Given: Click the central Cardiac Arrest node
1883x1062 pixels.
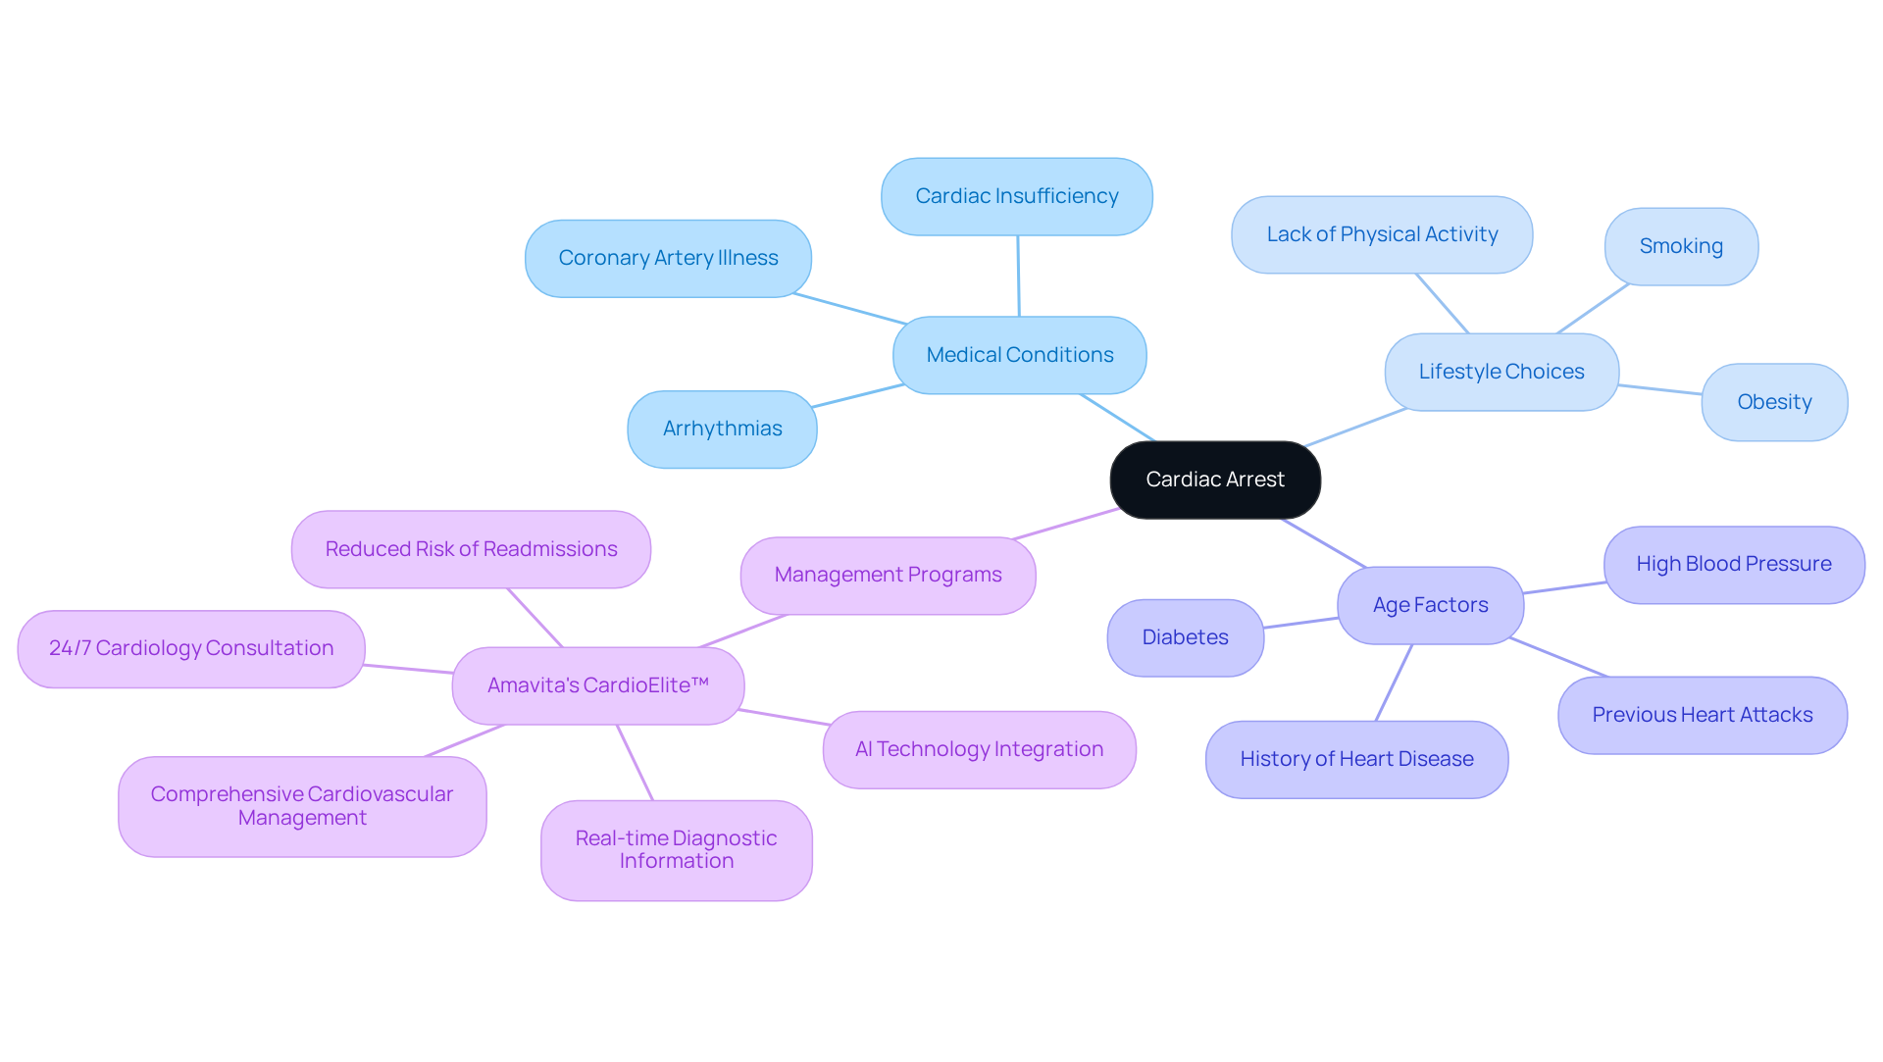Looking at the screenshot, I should click(1215, 480).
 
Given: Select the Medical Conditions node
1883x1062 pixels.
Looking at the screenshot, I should click(1020, 355).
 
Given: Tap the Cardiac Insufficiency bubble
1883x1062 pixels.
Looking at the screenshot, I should click(1017, 196).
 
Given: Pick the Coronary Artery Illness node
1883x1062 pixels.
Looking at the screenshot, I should click(668, 258).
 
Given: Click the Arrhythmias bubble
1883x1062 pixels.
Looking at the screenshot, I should click(722, 429).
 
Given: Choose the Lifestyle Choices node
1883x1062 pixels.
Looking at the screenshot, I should click(1501, 372).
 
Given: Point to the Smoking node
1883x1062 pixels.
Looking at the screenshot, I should click(1681, 246).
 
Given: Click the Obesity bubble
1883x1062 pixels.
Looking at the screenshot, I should click(1774, 402).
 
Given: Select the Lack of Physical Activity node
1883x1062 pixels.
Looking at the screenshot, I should click(1382, 234).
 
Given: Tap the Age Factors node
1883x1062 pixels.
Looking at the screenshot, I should click(1430, 605).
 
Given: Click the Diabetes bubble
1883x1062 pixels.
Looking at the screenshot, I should click(1185, 637).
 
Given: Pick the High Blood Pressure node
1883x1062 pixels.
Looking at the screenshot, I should click(1734, 564).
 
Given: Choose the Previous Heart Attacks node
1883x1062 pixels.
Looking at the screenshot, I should click(1703, 715).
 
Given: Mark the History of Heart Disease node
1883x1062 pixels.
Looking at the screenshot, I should click(1356, 759).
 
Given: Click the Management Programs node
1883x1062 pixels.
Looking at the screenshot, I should click(888, 575).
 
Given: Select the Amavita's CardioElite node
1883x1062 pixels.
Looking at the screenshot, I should click(598, 685).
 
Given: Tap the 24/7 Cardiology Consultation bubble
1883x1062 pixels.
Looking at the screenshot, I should click(191, 648).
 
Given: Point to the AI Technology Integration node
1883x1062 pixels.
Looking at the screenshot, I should click(979, 749).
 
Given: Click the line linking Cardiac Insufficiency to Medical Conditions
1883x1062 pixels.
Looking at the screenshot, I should click(1018, 276).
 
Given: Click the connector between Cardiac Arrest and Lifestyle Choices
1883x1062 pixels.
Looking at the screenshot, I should click(1355, 428).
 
